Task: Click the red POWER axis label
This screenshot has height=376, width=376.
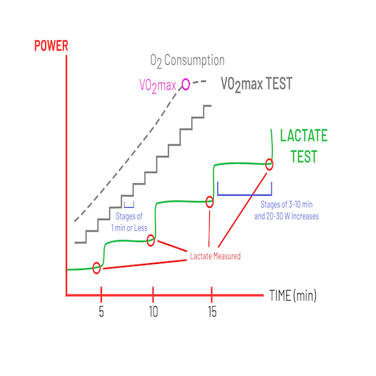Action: click(51, 46)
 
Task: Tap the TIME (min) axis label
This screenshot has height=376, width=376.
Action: click(293, 295)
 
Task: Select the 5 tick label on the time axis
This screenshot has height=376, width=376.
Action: click(101, 312)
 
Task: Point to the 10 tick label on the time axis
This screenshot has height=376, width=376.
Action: click(153, 312)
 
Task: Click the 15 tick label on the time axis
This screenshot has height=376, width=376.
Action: click(212, 312)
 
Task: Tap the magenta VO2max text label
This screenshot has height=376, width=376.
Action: click(157, 85)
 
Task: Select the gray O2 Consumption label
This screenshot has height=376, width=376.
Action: click(187, 60)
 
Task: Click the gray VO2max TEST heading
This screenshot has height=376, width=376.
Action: click(256, 84)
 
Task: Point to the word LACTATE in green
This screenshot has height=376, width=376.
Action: click(304, 135)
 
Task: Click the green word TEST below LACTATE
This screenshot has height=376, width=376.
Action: click(304, 157)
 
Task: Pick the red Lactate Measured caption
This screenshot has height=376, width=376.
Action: click(215, 256)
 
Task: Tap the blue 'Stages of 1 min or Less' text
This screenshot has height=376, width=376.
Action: click(129, 221)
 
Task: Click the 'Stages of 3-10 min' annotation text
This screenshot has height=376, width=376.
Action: click(286, 204)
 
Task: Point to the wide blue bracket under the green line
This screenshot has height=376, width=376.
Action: click(245, 195)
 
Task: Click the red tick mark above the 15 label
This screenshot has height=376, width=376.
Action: click(211, 295)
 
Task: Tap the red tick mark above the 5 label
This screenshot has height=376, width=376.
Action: click(101, 295)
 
